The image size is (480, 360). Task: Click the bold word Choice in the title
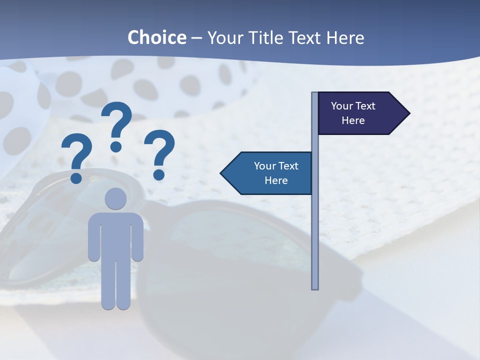coord(156,37)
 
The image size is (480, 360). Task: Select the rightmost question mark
coord(159,150)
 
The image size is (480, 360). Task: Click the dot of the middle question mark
coord(116,146)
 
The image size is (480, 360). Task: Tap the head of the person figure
coord(116,198)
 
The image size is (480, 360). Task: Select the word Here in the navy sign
coord(353,120)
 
